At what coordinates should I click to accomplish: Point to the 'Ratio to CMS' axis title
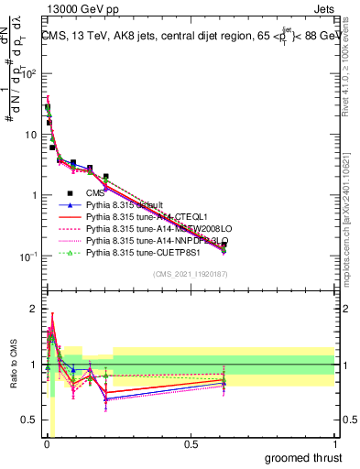point(13,366)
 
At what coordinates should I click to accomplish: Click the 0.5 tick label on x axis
point(191,444)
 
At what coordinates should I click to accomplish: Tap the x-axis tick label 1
point(333,444)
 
